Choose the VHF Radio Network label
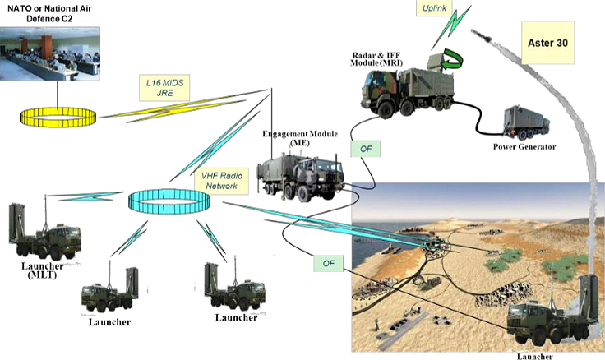(220, 181)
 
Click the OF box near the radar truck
(364, 150)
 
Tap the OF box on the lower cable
(326, 264)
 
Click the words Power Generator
(524, 147)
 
